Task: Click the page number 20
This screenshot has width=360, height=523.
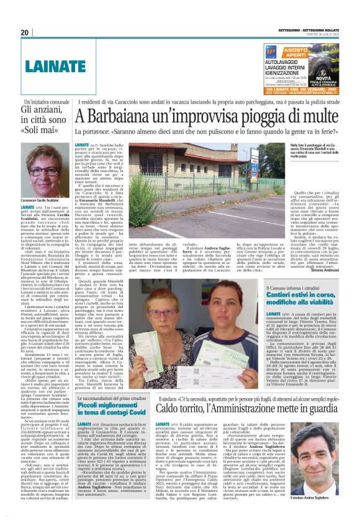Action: click(25, 32)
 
